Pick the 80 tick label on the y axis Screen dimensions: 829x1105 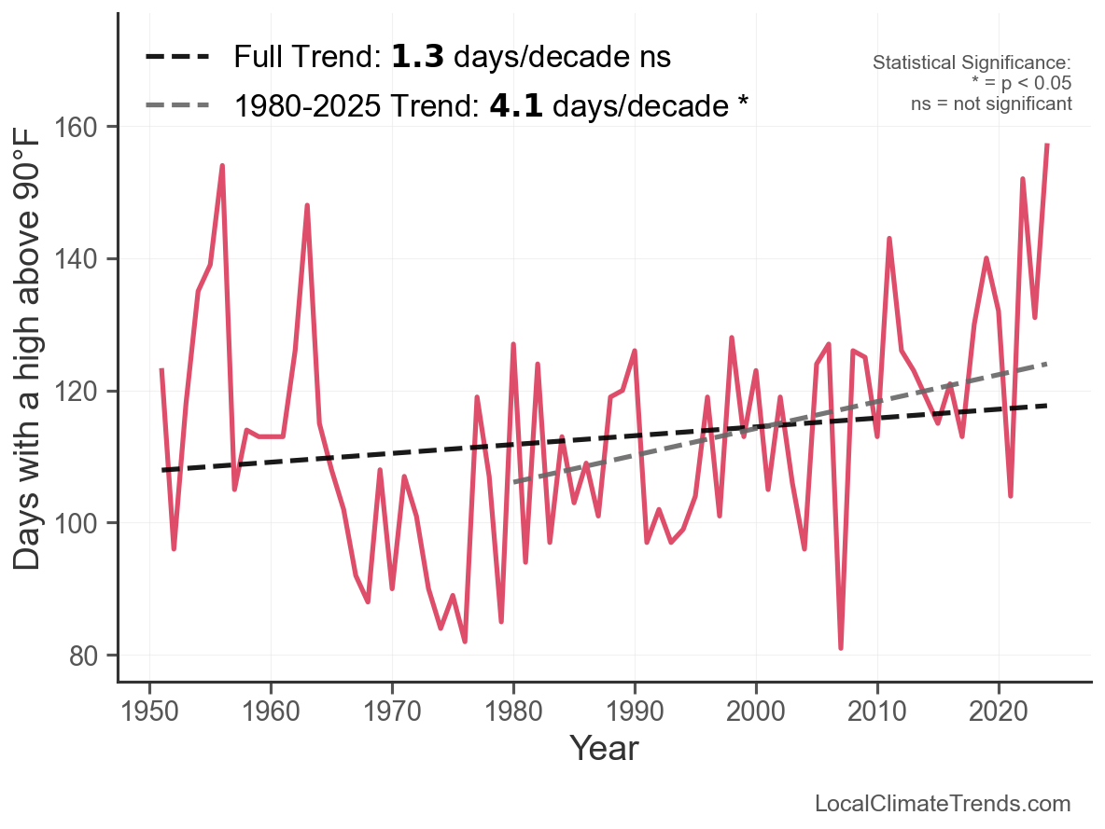(90, 656)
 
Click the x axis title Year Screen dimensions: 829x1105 (604, 748)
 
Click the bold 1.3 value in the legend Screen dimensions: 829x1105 (416, 57)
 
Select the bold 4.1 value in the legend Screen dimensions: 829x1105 (516, 105)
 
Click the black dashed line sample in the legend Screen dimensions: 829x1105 (178, 57)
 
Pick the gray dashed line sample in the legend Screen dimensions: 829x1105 (178, 105)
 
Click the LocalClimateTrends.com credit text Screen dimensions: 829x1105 (943, 804)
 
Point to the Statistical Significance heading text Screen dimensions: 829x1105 (971, 62)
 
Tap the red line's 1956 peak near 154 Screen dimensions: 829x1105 (222, 166)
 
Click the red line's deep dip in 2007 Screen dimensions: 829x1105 (841, 648)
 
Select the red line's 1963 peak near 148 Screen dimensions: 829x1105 (307, 205)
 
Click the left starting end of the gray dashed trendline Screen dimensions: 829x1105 (514, 482)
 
